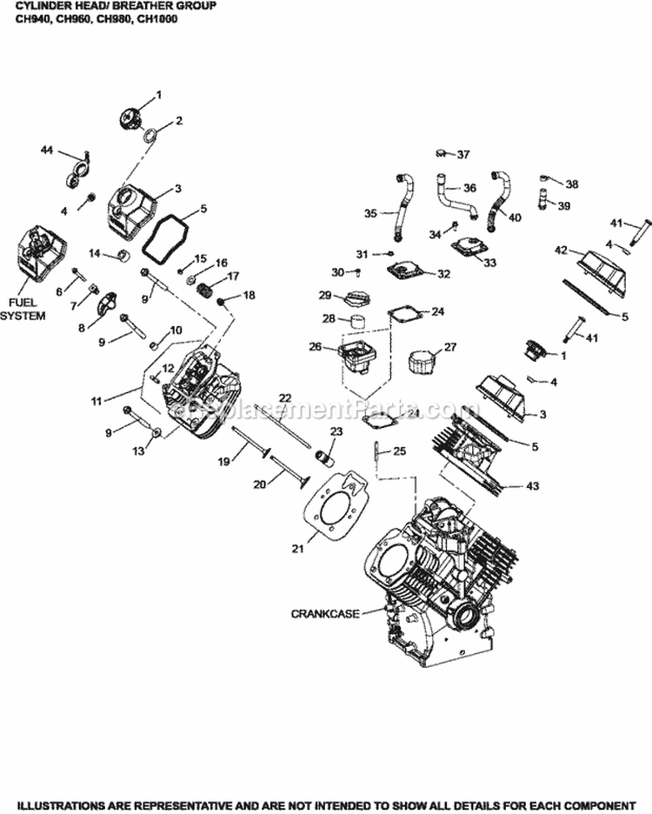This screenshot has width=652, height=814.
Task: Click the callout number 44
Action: click(x=46, y=150)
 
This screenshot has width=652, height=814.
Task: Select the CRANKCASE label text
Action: click(x=321, y=613)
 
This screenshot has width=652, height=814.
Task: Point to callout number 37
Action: click(x=462, y=155)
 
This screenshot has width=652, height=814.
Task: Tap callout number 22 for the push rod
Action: click(x=284, y=397)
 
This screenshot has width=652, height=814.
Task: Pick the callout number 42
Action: click(x=561, y=250)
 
